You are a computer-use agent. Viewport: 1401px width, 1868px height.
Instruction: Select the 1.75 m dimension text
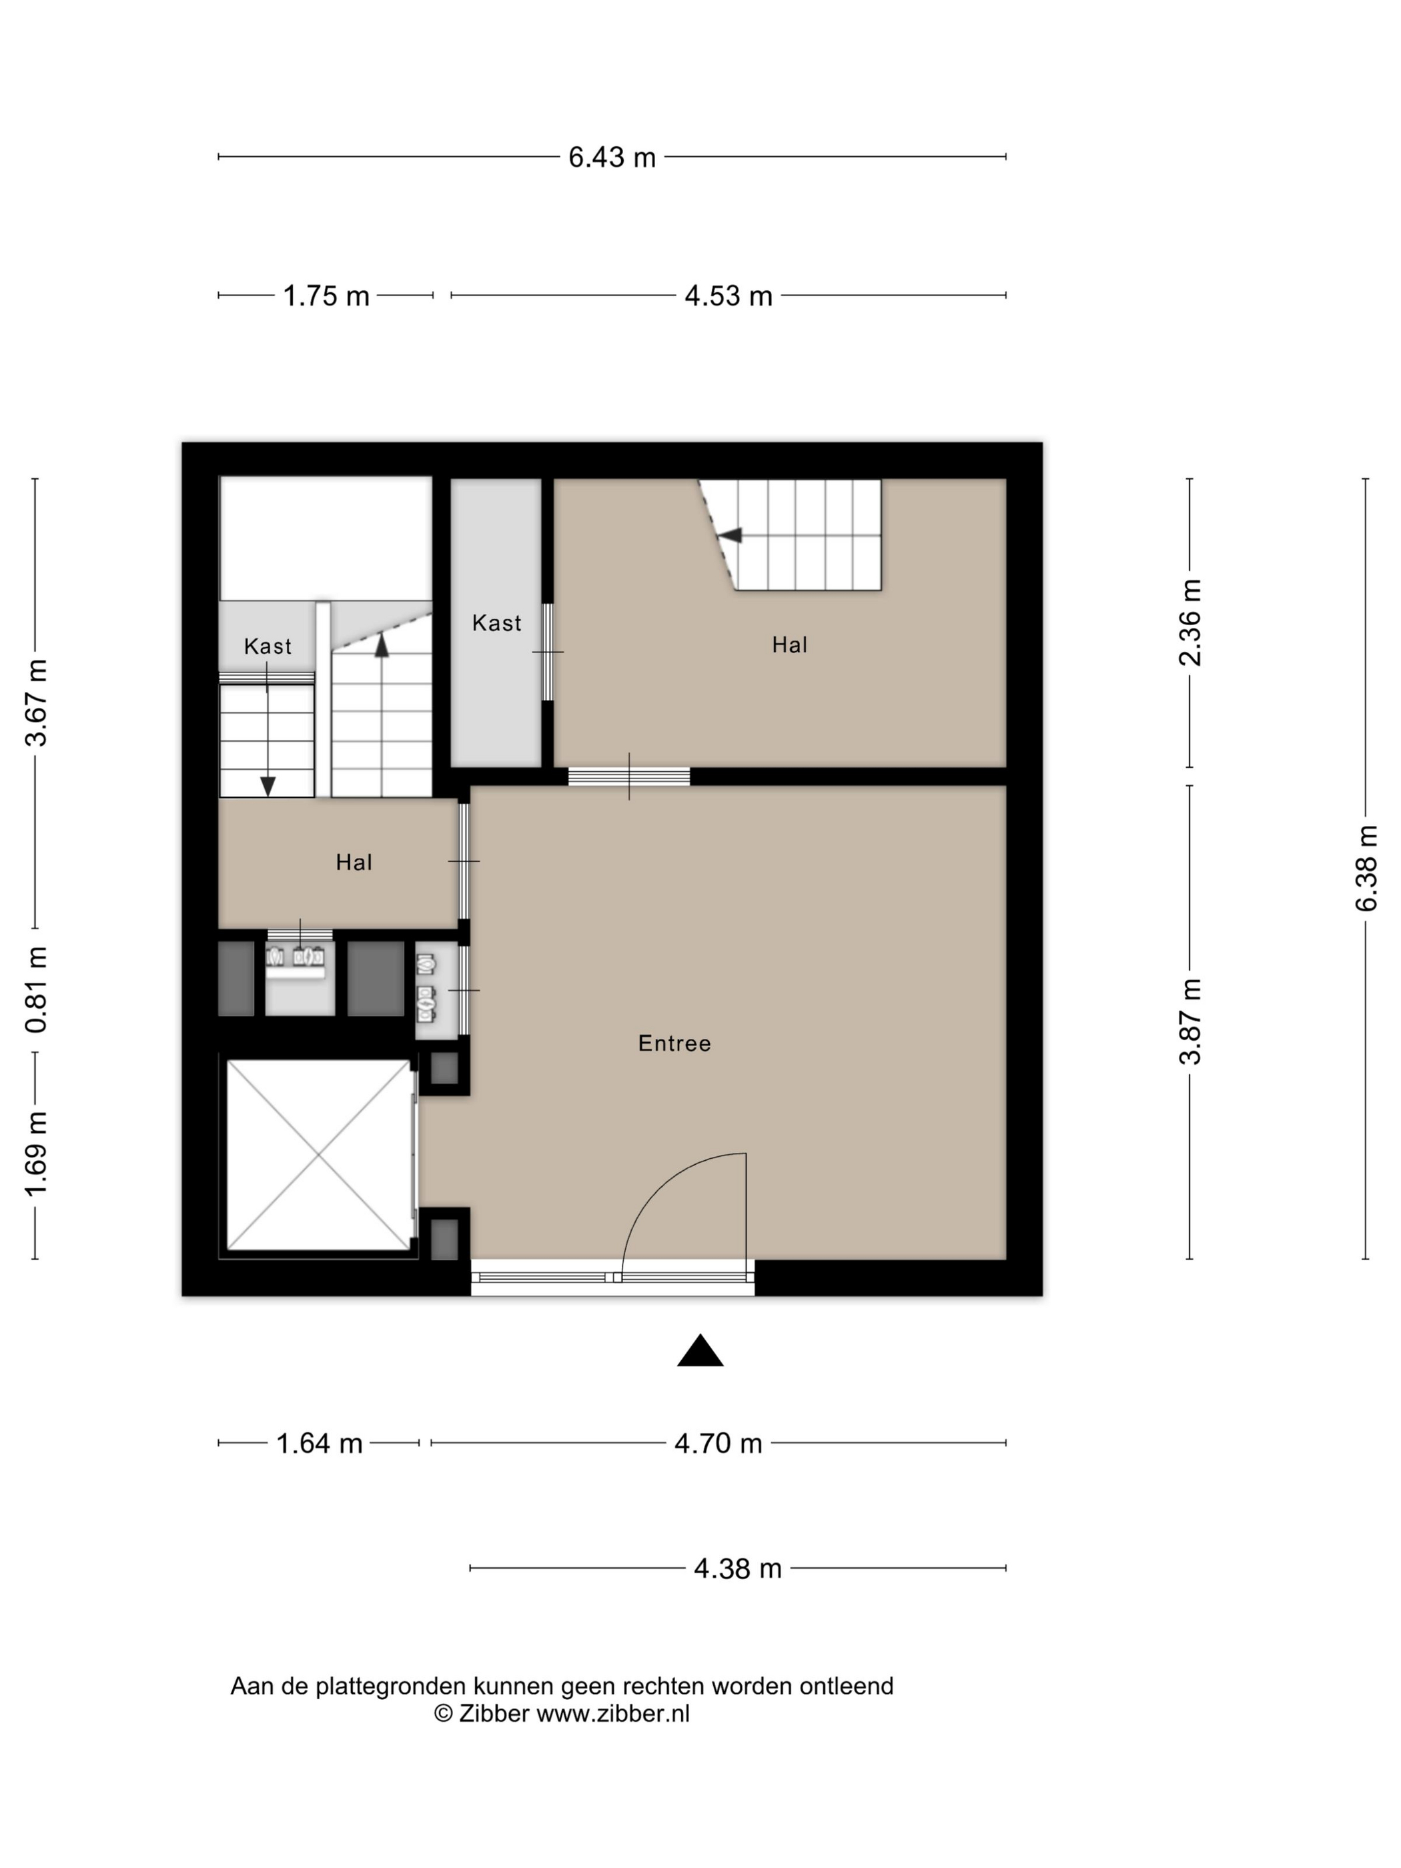pos(326,296)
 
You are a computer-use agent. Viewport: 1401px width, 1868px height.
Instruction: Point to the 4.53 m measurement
pos(728,296)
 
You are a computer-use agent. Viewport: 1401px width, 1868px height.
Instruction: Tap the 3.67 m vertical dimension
pos(35,703)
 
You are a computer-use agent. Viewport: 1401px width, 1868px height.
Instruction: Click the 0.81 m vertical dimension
pos(35,990)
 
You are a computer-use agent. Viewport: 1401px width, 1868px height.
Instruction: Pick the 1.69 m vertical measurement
pos(35,1154)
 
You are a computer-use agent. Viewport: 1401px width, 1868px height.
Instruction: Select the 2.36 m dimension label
pos(1190,622)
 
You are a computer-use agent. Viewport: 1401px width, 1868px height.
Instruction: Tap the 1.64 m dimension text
pos(319,1443)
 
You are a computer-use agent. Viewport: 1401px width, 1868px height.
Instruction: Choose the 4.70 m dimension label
pos(718,1443)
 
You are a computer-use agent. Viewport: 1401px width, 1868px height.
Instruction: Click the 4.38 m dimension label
pos(737,1568)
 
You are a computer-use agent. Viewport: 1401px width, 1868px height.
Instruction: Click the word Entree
pos(674,1044)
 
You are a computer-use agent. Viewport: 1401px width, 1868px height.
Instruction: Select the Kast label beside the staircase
pos(268,646)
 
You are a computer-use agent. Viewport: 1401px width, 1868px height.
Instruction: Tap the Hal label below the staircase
pos(354,862)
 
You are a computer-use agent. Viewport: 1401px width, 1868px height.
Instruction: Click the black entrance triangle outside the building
pos(700,1351)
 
